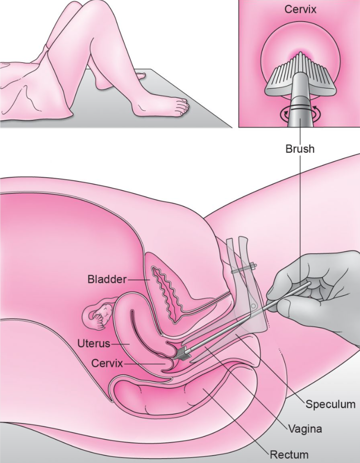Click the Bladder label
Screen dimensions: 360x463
click(107, 279)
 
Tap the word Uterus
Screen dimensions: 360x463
click(94, 344)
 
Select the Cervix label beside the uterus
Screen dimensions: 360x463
click(107, 363)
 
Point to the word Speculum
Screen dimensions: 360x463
click(331, 404)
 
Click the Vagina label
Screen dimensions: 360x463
click(305, 429)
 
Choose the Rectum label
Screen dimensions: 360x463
click(289, 454)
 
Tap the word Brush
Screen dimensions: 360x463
click(300, 149)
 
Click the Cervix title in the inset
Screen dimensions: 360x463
click(300, 9)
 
